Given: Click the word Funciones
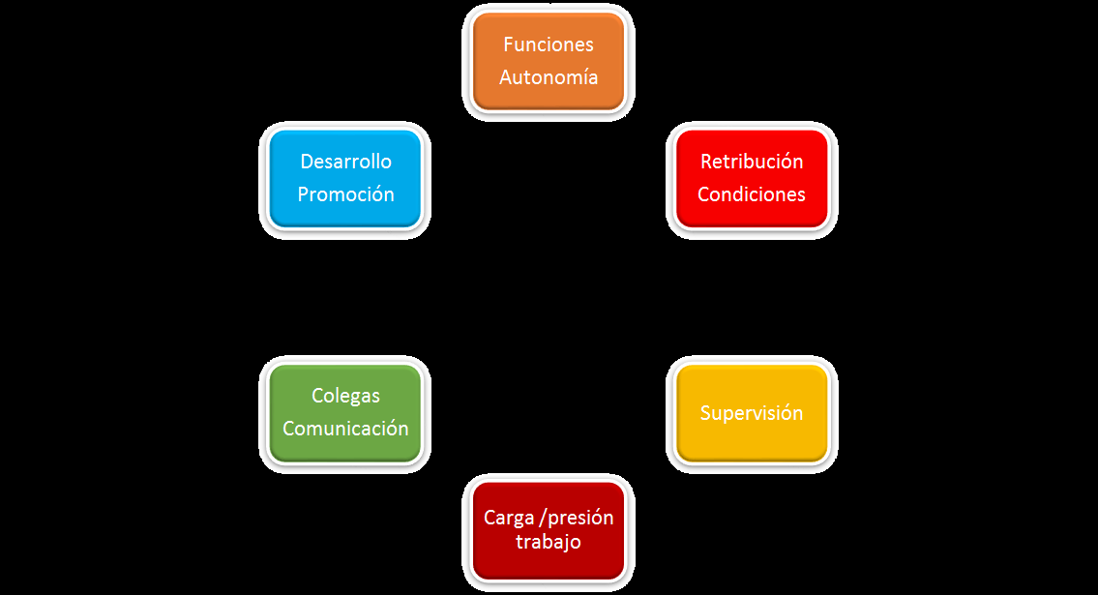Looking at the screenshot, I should [x=549, y=45].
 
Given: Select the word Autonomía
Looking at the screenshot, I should [x=549, y=77].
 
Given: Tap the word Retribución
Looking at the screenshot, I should [x=752, y=162].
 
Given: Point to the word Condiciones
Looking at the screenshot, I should [x=752, y=194].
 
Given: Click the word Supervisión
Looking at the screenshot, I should [x=752, y=413].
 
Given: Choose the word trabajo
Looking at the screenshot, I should [x=549, y=542].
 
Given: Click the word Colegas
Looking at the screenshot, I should [x=345, y=396].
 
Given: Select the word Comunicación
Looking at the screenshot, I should [x=345, y=429].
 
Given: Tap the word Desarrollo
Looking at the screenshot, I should [x=345, y=162].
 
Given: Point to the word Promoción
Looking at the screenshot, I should [x=345, y=194].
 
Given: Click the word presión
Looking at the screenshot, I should [x=580, y=518].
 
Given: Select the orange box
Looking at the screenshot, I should [x=549, y=61].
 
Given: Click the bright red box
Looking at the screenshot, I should [x=752, y=178].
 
